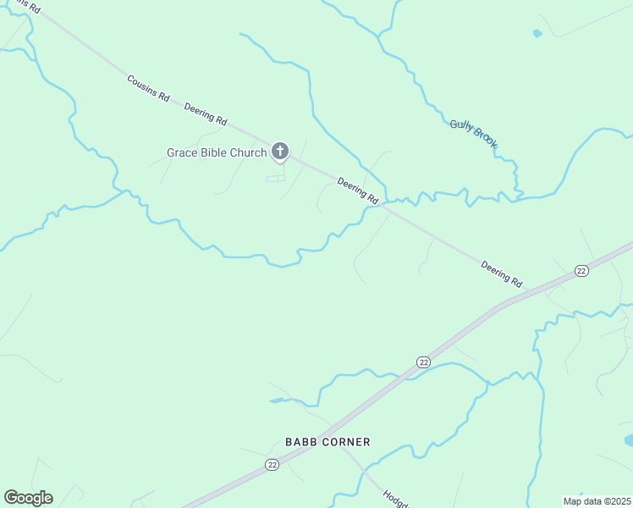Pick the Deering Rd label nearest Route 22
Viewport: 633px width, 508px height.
[502, 273]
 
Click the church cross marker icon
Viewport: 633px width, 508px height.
[279, 152]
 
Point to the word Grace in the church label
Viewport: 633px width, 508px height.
[181, 153]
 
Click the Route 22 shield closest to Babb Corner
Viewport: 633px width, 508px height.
[272, 465]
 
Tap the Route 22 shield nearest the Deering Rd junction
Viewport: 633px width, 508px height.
[581, 270]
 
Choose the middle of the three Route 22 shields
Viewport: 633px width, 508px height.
[423, 362]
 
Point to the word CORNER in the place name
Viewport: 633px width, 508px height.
[347, 442]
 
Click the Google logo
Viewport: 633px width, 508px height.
[28, 498]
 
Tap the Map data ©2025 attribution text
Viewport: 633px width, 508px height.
[597, 501]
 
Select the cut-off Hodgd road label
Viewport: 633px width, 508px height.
[395, 499]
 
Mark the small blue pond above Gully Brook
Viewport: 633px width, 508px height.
[537, 34]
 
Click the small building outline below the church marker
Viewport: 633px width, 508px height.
[276, 179]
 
